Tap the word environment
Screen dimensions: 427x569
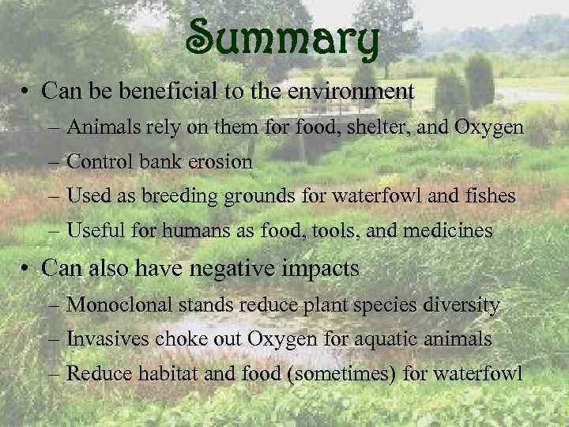[349, 91]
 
